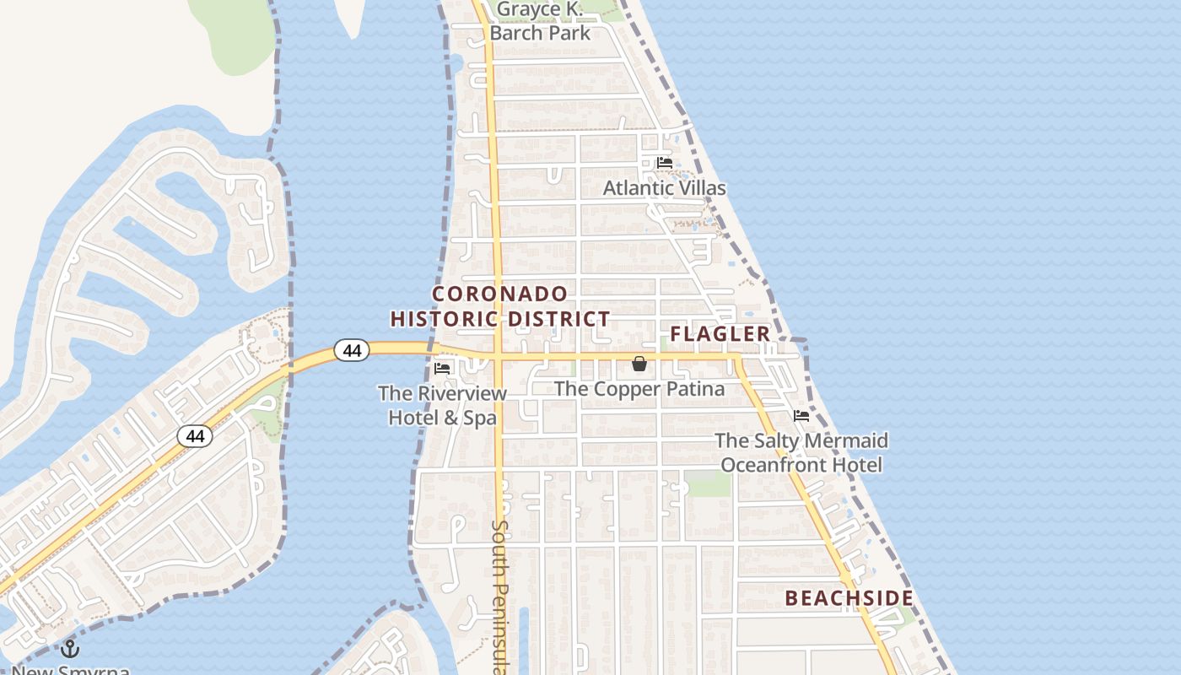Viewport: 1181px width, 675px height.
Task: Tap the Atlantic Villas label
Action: pos(664,187)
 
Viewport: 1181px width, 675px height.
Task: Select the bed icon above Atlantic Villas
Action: pos(665,163)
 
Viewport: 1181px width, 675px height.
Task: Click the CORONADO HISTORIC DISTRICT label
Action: pos(499,306)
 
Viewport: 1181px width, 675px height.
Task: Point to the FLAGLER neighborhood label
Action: pos(720,334)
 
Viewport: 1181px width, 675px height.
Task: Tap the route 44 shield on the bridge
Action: pos(352,349)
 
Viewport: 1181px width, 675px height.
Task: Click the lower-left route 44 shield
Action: pos(195,436)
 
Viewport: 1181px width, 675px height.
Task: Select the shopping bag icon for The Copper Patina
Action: pos(639,364)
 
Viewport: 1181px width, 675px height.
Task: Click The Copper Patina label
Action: pos(639,389)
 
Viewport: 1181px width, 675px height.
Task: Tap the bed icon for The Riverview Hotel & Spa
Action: pos(442,368)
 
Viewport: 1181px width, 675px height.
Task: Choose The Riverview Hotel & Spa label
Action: pos(442,405)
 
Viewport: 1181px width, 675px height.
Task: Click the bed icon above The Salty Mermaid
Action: pos(801,415)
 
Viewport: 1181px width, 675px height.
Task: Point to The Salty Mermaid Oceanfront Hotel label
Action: pos(801,452)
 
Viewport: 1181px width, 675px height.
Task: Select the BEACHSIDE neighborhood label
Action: pos(849,598)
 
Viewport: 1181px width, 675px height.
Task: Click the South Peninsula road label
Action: pos(499,595)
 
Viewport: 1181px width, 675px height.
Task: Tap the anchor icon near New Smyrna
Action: pos(70,649)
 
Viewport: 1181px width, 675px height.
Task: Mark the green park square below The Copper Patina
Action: pos(707,483)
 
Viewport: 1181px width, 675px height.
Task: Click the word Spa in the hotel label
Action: pos(479,417)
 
